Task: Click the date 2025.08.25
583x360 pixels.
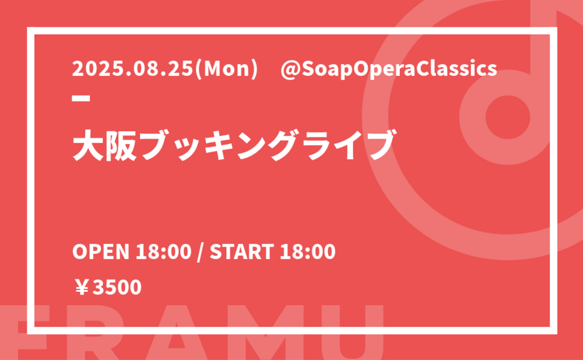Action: pyautogui.click(x=133, y=69)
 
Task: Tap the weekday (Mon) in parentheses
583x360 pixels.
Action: pyautogui.click(x=226, y=69)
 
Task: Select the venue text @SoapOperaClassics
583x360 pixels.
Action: pyautogui.click(x=389, y=70)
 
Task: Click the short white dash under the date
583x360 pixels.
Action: pyautogui.click(x=81, y=98)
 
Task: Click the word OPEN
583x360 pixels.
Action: pyautogui.click(x=101, y=252)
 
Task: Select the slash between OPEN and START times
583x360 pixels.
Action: pyautogui.click(x=201, y=252)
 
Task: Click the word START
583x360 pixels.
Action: pyautogui.click(x=242, y=252)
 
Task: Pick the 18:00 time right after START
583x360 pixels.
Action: pyautogui.click(x=308, y=252)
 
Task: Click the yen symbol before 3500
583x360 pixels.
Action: pyautogui.click(x=82, y=287)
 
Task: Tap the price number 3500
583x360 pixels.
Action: pyautogui.click(x=117, y=287)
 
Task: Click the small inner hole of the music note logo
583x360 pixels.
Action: pyautogui.click(x=508, y=117)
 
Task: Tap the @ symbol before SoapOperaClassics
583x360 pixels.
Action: pyautogui.click(x=290, y=70)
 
